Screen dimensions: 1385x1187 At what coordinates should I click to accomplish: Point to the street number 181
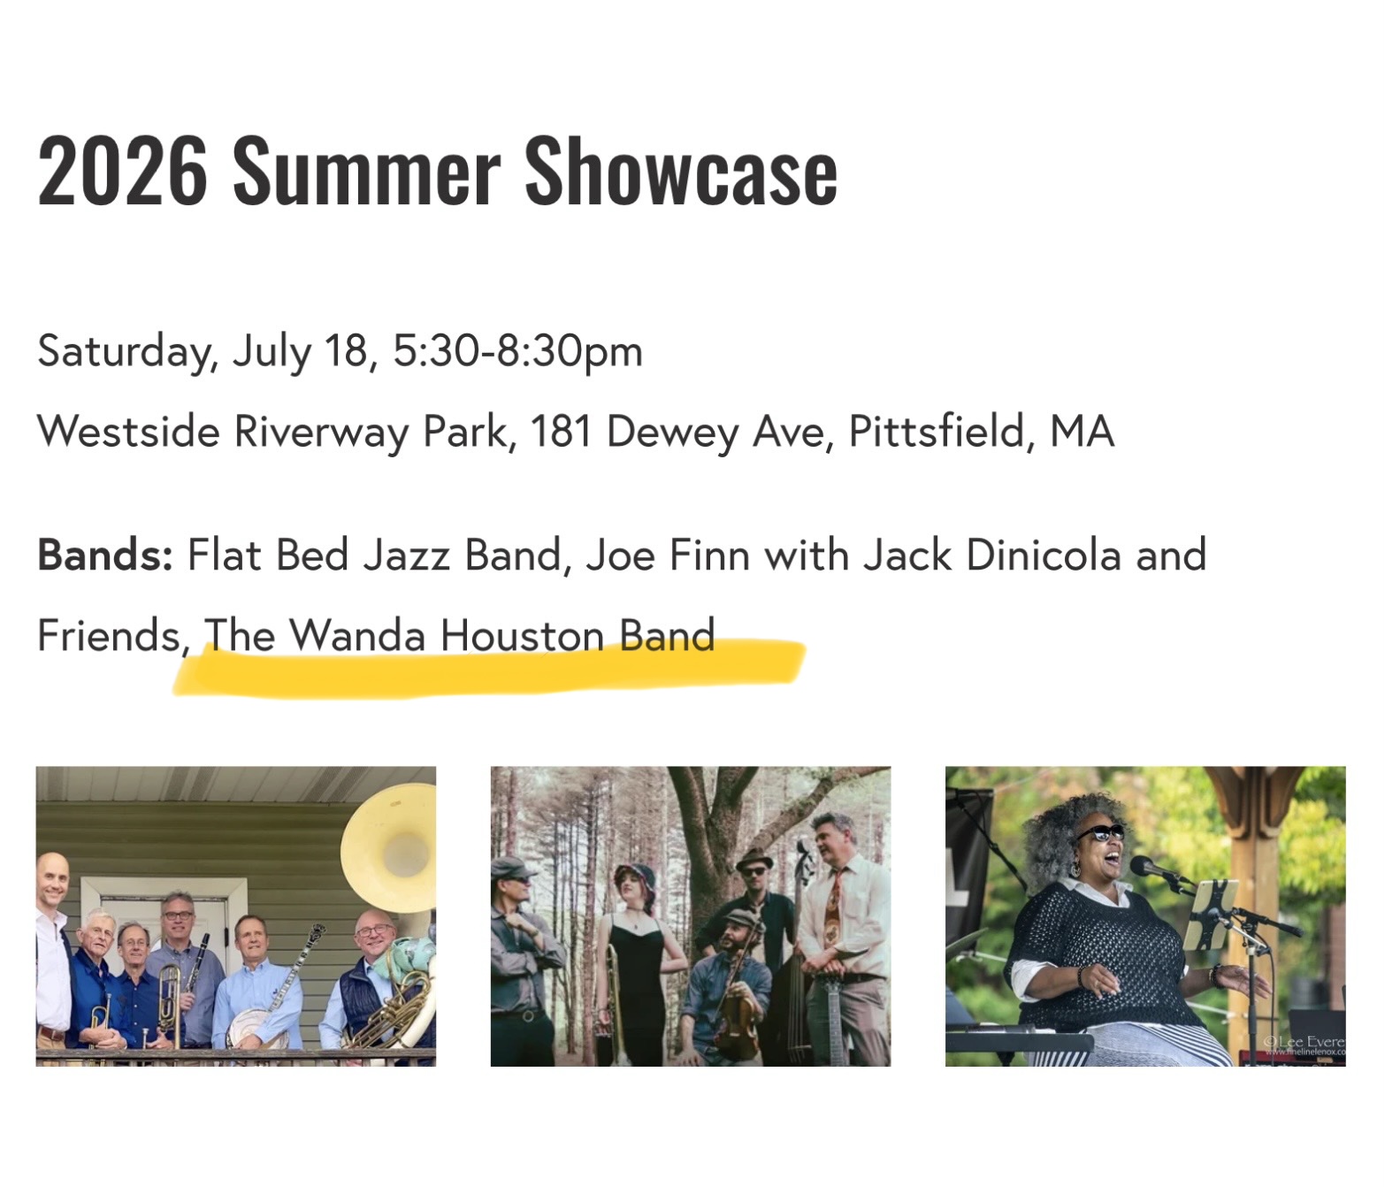pos(561,431)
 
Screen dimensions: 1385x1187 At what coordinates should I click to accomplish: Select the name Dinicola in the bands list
pos(1044,555)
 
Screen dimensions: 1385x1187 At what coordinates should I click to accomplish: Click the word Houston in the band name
pos(523,635)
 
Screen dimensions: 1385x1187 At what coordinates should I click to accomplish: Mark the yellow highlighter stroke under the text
pos(489,669)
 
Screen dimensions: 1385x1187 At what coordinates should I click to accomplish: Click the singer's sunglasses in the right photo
pos(1101,834)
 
